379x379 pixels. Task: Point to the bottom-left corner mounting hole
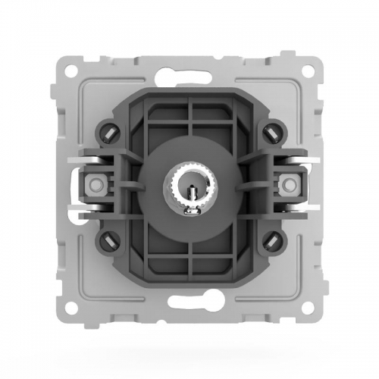70,309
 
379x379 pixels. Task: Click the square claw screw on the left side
96,184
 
